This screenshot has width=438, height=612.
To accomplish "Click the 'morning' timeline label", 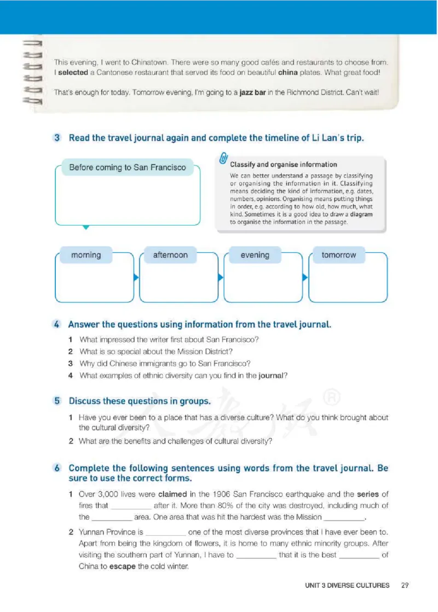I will (86, 255).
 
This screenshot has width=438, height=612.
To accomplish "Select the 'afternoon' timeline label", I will (170, 255).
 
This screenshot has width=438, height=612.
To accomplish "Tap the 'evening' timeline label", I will (255, 255).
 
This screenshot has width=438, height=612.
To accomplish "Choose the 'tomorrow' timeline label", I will (338, 255).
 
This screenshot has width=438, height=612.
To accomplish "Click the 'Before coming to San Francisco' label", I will (128, 168).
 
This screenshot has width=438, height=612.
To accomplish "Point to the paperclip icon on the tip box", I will (223, 159).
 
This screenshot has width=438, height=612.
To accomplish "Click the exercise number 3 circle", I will (57, 138).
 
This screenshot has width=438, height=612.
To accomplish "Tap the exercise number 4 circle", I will (57, 325).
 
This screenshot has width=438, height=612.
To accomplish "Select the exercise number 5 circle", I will (57, 401).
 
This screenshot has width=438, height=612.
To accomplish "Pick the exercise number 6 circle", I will (57, 469).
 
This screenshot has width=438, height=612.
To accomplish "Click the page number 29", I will (405, 585).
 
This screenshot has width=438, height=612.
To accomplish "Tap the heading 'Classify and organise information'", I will (284, 164).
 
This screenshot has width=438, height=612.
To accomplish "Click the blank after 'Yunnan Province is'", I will (165, 532).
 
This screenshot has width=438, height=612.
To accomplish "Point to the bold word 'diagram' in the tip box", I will (361, 215).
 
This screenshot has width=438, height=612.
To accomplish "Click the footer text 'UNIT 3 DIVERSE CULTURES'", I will (347, 585).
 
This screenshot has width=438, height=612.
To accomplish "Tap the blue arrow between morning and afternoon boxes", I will (136, 278).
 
